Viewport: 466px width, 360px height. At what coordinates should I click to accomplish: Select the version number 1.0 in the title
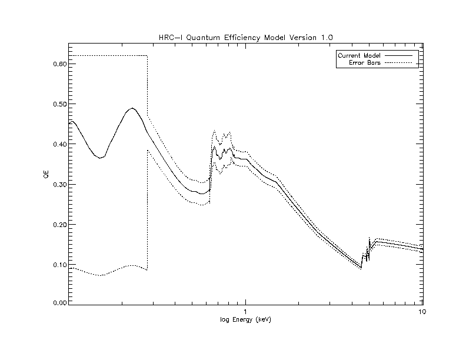coord(328,37)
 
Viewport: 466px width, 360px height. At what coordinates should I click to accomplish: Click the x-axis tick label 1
coord(245,312)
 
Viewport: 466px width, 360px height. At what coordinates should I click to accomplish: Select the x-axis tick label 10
coord(421,312)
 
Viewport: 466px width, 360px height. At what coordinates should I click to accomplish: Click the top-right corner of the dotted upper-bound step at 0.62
coord(147,55)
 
